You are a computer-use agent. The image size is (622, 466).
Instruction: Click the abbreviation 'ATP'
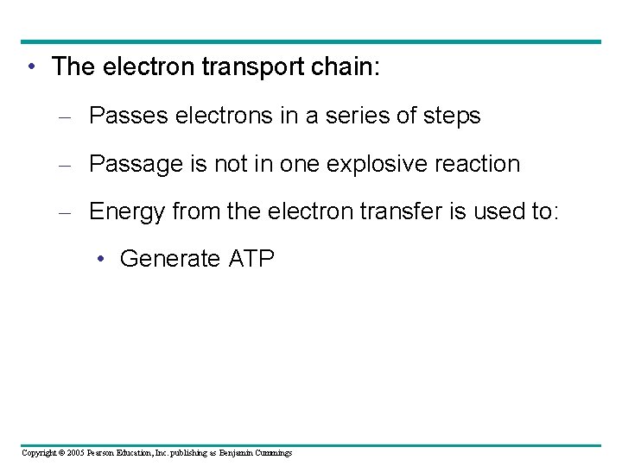pyautogui.click(x=251, y=259)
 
